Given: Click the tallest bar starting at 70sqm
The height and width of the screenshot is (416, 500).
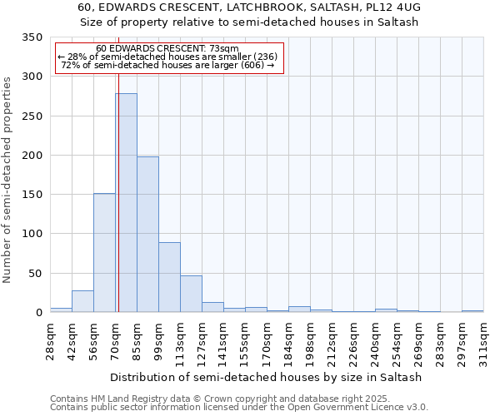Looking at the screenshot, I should click(x=126, y=203).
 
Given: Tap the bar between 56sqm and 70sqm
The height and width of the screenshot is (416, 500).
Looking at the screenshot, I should click(x=104, y=253).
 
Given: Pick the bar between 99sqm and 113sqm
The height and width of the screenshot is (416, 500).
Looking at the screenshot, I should click(x=169, y=277).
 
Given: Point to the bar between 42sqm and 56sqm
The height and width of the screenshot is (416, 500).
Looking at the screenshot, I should click(x=82, y=301).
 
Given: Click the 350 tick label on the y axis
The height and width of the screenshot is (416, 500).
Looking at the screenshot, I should click(x=32, y=37).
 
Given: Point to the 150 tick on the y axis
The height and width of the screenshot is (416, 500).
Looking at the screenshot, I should click(x=32, y=195).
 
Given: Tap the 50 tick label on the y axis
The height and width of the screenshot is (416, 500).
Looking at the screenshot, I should click(x=35, y=273).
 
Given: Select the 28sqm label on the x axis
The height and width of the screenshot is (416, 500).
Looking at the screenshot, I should click(x=50, y=341).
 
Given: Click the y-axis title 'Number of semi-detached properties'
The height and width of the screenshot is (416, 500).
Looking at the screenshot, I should click(x=8, y=179).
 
